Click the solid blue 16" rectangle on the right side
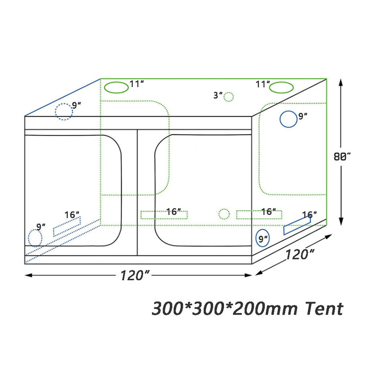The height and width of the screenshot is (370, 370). point(297,225)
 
